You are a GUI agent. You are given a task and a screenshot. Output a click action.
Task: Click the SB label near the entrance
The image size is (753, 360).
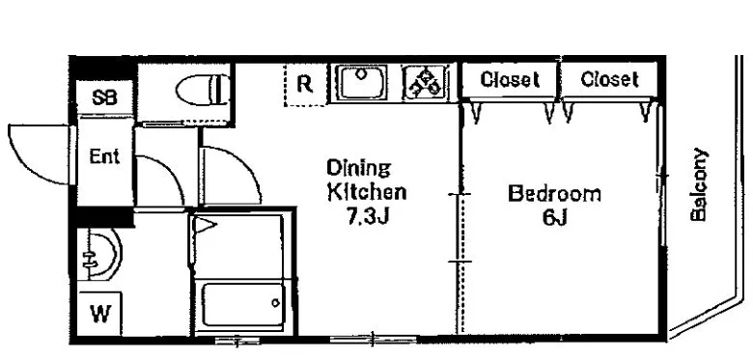(104, 97)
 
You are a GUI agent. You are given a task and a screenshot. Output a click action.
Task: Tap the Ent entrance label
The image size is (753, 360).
(104, 157)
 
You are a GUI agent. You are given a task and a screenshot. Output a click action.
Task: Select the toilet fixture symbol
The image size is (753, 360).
(203, 90)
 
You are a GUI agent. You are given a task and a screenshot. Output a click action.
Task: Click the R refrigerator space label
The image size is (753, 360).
(304, 84)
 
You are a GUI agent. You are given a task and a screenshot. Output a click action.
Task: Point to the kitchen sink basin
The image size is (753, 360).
(361, 83)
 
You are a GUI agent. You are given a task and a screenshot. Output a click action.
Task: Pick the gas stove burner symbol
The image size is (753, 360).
(426, 83)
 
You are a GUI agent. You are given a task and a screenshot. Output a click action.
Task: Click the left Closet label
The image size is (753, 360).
(510, 79)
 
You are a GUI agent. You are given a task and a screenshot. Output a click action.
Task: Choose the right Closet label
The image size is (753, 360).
(609, 79)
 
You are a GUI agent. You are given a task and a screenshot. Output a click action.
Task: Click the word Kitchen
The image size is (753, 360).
(367, 192)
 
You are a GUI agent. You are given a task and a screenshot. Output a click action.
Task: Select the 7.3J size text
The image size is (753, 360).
(367, 218)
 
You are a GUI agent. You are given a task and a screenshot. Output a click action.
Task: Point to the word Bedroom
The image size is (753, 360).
(554, 194)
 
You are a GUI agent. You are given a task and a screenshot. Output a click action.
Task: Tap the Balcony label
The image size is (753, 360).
(699, 184)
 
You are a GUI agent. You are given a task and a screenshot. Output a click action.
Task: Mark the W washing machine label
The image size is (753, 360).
(100, 315)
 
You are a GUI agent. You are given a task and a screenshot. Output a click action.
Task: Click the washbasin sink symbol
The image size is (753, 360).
(99, 254)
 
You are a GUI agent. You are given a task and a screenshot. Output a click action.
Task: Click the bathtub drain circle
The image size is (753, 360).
(276, 303)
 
